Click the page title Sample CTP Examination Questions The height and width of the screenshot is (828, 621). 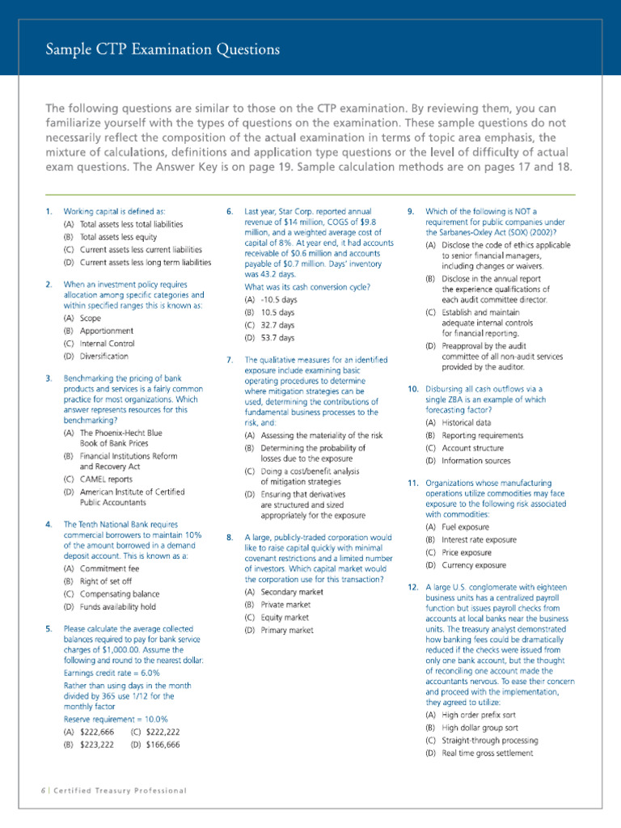[163, 50]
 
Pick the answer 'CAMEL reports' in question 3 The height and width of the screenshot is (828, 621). [103, 479]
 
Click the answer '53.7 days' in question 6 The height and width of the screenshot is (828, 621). [268, 337]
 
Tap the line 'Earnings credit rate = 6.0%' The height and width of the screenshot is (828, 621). [112, 673]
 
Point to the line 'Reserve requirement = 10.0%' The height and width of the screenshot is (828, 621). [116, 719]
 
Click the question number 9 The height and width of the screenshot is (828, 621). [412, 211]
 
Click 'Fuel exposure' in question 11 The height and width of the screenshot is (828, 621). [458, 526]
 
